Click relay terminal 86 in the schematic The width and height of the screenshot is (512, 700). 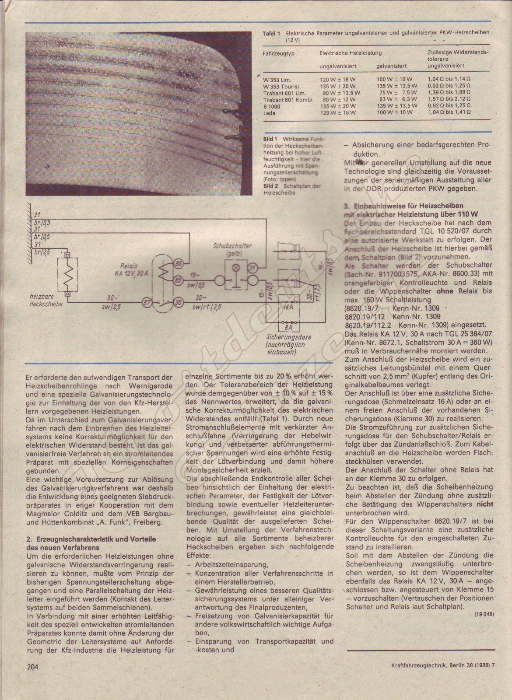coord(179,264)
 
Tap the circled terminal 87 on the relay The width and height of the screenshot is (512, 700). coord(145,301)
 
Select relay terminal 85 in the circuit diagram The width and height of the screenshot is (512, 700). coord(179,279)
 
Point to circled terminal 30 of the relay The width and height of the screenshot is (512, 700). coord(179,301)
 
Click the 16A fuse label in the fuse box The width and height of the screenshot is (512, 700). coord(287,307)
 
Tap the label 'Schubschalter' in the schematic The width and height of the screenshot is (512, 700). coord(232,247)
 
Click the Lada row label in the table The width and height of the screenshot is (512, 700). coord(270,112)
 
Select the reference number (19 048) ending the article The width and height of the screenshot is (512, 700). coord(484,614)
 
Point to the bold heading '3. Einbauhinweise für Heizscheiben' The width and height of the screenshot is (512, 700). coord(403,206)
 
